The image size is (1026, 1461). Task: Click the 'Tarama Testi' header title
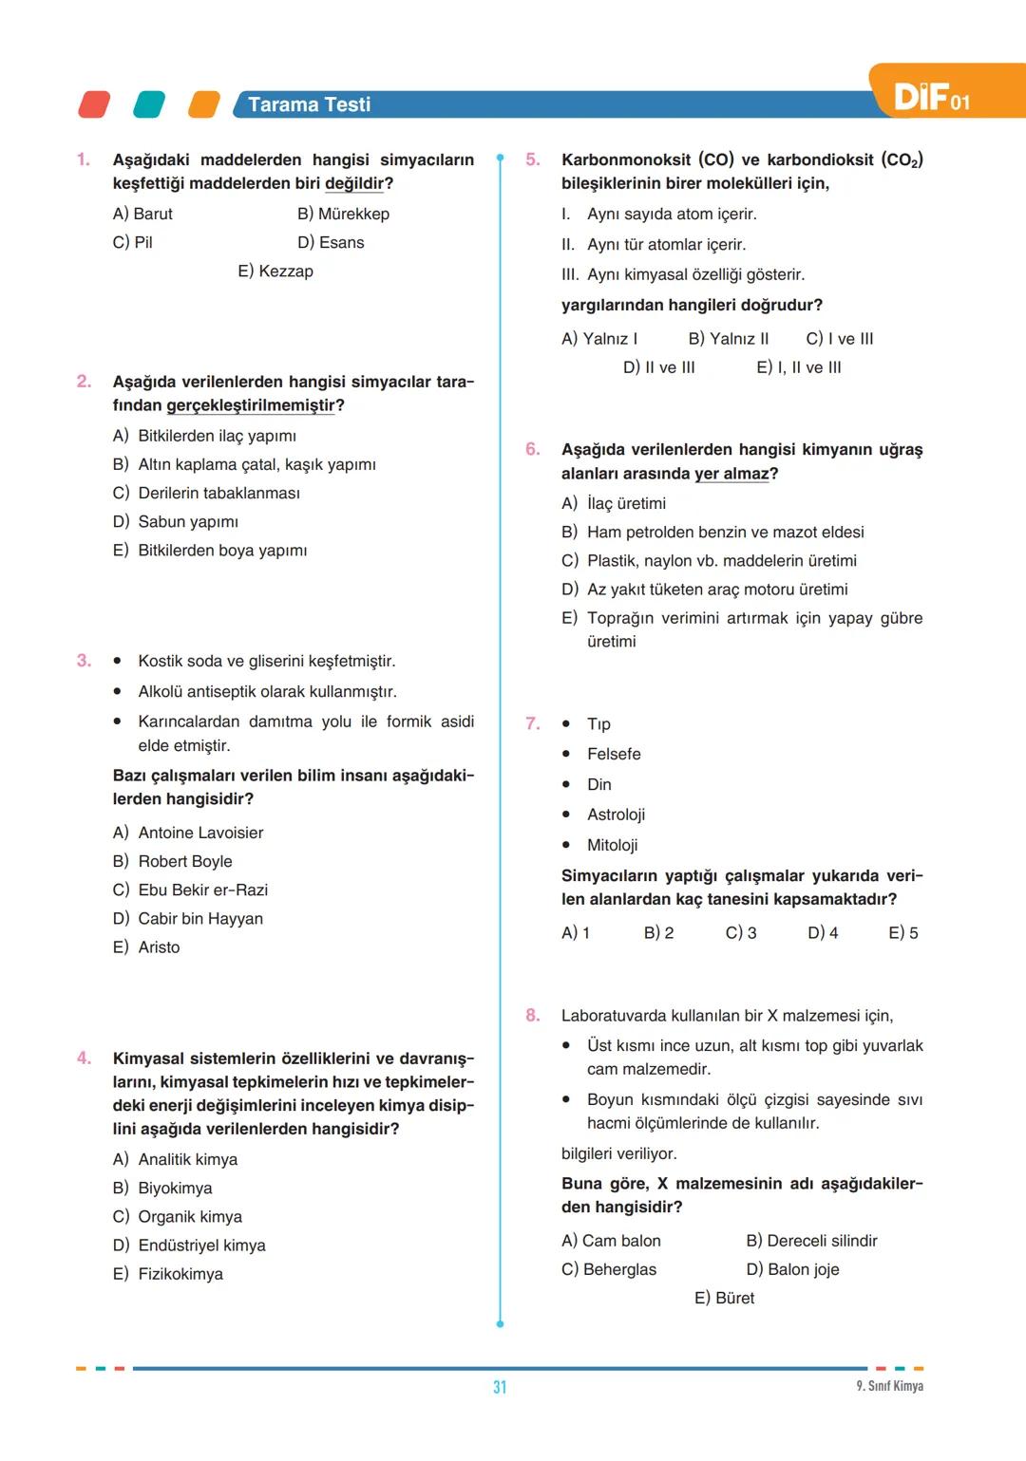(x=309, y=104)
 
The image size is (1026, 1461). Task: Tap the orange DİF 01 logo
(x=932, y=96)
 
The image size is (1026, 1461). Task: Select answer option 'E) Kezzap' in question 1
(x=275, y=272)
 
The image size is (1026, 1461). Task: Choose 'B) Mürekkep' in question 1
(x=343, y=215)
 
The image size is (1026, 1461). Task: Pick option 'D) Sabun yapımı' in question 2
(x=176, y=522)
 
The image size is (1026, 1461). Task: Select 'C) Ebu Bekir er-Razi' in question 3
(x=190, y=890)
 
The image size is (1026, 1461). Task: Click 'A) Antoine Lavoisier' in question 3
(x=188, y=834)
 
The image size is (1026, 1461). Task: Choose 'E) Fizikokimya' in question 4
(x=168, y=1274)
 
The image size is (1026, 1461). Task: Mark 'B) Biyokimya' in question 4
(x=162, y=1189)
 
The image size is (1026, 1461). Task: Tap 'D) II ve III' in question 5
(x=658, y=367)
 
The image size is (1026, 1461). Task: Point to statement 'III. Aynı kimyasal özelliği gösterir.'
(x=683, y=275)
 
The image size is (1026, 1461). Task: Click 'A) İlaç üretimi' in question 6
(x=614, y=504)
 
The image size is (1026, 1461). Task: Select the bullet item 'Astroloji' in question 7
(x=616, y=815)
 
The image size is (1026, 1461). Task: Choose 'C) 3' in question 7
(x=741, y=933)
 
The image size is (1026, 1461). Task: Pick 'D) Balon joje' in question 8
(x=792, y=1270)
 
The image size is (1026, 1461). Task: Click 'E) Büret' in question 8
(x=724, y=1299)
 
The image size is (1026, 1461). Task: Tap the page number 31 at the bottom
(x=500, y=1388)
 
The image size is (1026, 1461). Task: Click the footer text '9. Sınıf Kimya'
(x=889, y=1386)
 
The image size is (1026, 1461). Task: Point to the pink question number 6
(x=533, y=449)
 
